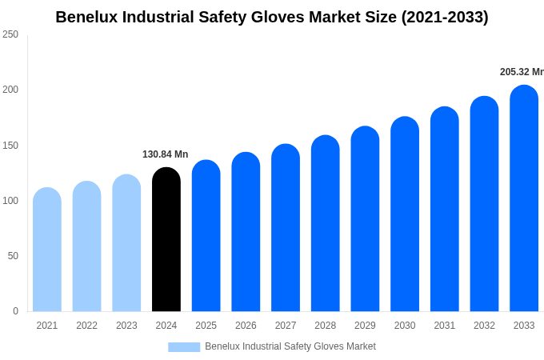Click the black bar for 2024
coord(166,240)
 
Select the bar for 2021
coord(47,250)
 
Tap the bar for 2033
coord(524,198)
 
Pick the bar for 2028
coord(326,224)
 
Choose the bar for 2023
coord(126,243)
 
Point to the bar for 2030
coord(405,214)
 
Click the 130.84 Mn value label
coord(166,154)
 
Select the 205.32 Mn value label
coord(522,72)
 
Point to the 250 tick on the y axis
coord(10,34)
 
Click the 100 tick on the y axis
coord(10,201)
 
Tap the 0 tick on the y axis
coord(15,311)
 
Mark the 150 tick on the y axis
coord(10,146)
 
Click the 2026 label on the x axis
coord(246,326)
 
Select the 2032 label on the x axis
coord(484,326)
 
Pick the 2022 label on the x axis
coord(86,326)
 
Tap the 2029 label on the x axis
coord(365,326)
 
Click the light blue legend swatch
coord(184,347)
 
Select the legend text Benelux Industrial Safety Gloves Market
coord(290,346)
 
